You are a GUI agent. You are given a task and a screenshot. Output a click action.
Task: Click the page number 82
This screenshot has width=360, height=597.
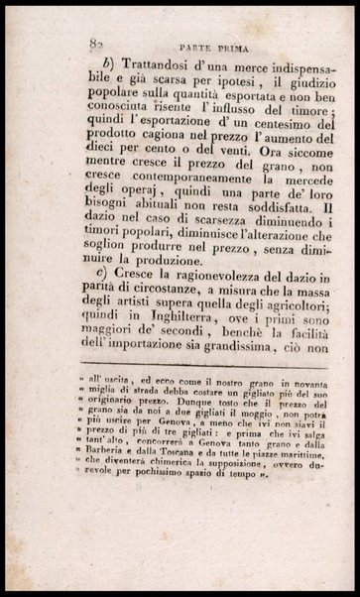click(x=96, y=43)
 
